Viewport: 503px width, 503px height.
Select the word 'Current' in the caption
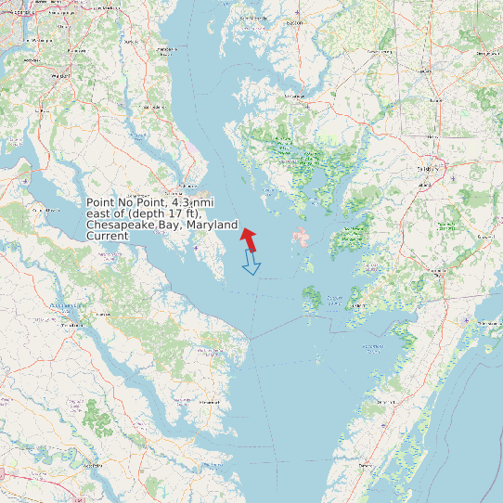click(x=107, y=236)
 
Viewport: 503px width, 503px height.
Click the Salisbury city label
click(x=428, y=169)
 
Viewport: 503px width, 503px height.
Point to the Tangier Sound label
click(x=335, y=299)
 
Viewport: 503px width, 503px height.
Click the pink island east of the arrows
click(x=301, y=237)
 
